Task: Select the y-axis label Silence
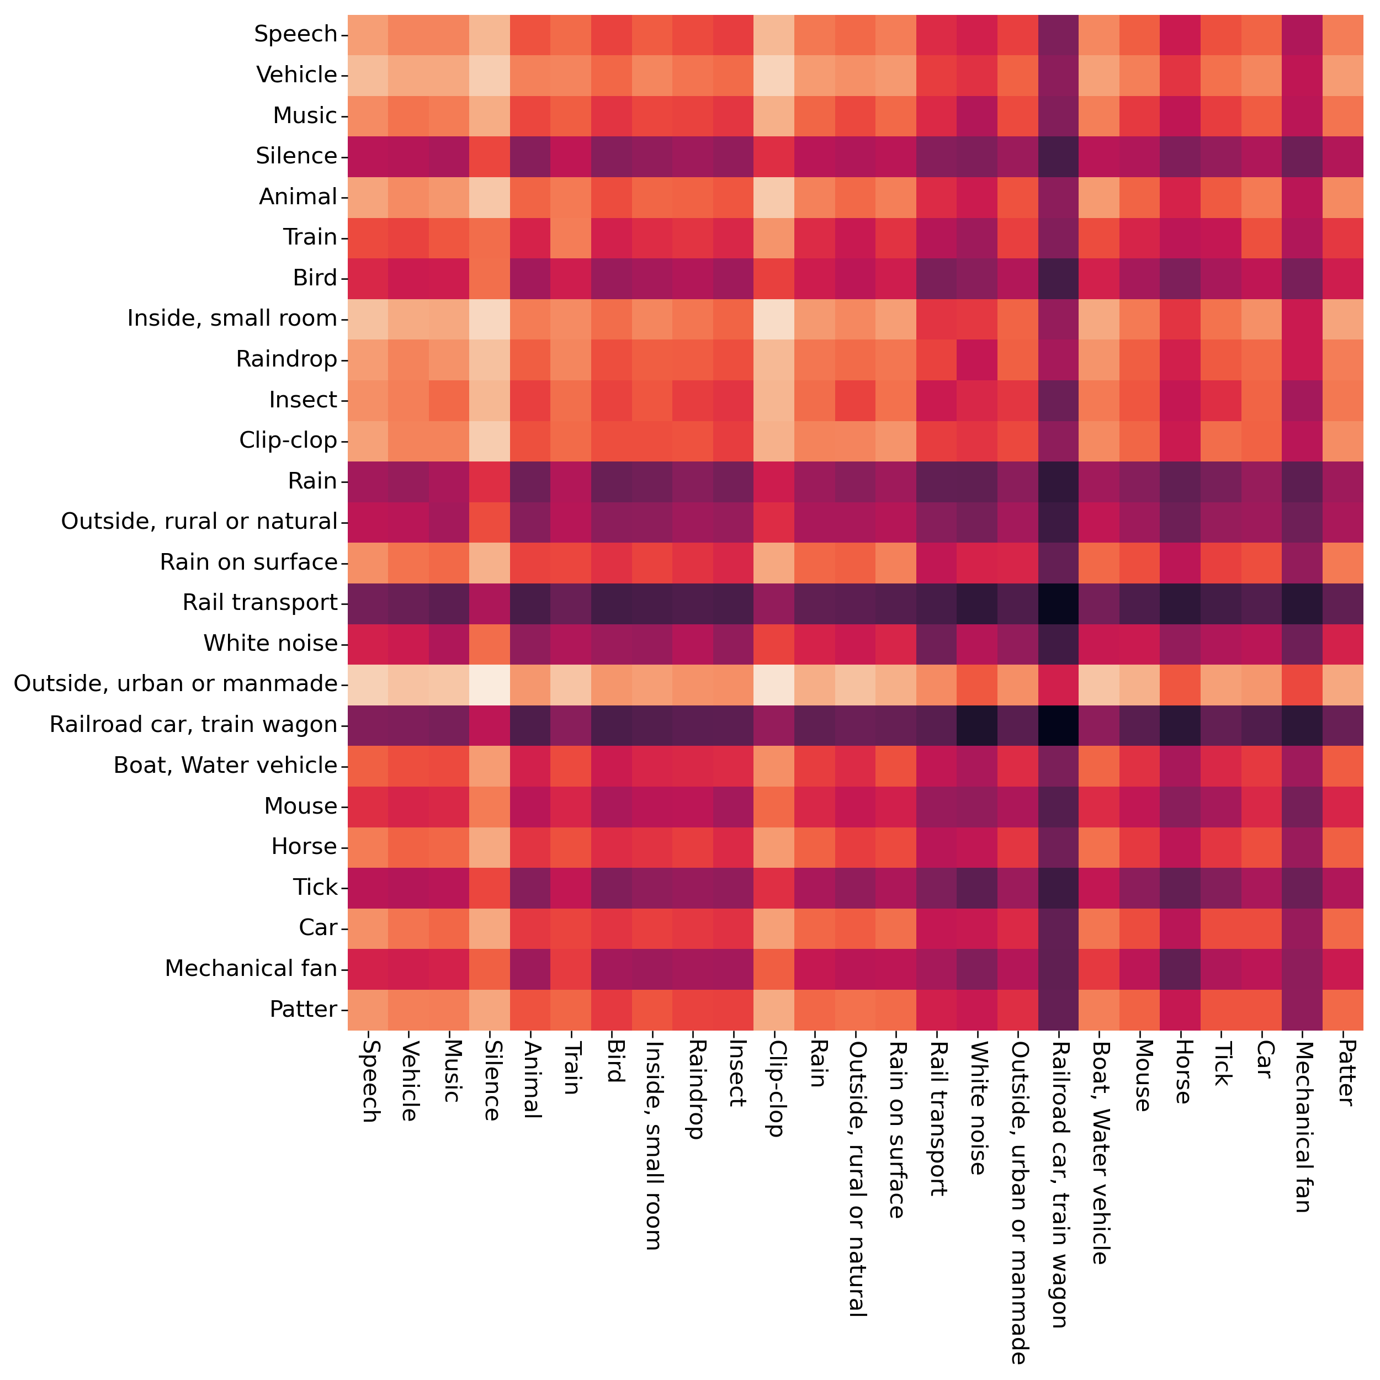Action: pyautogui.click(x=296, y=156)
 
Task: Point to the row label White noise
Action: pyautogui.click(x=270, y=644)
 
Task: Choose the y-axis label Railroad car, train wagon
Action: pyautogui.click(x=193, y=725)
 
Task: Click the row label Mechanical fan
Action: pyautogui.click(x=251, y=969)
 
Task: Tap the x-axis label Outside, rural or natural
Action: pyautogui.click(x=855, y=1178)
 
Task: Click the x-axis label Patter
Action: pyautogui.click(x=1343, y=1072)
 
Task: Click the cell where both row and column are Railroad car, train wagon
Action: pyautogui.click(x=1059, y=725)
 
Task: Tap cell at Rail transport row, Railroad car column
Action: pyautogui.click(x=1059, y=603)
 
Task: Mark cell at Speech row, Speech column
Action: pyautogui.click(x=368, y=34)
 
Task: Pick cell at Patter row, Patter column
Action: pyautogui.click(x=1343, y=1009)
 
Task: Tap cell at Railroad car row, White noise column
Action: pyautogui.click(x=977, y=725)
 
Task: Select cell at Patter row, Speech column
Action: pyautogui.click(x=368, y=1009)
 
